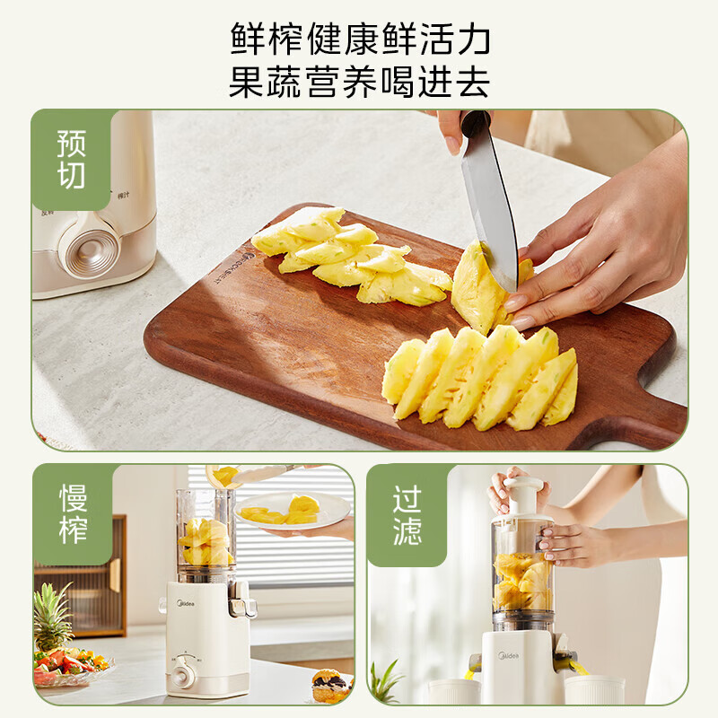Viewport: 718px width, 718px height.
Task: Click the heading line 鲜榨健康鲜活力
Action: pyautogui.click(x=359, y=39)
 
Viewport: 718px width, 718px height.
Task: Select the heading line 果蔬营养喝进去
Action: pyautogui.click(x=359, y=83)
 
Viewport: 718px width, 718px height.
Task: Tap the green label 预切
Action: pyautogui.click(x=72, y=159)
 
